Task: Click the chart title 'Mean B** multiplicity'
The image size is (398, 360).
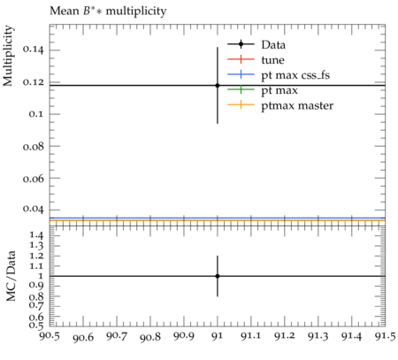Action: (x=108, y=11)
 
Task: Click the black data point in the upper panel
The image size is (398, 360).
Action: (x=218, y=86)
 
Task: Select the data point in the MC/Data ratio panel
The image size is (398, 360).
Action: (x=218, y=276)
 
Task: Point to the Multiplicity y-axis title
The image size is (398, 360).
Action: (x=8, y=56)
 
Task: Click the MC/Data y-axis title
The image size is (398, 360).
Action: (x=11, y=276)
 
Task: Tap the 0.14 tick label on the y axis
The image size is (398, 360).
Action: (x=33, y=50)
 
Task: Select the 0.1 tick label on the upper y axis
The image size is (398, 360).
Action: (x=36, y=114)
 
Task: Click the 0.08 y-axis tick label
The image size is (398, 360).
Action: (x=33, y=146)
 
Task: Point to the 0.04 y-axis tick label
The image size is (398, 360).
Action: (x=33, y=209)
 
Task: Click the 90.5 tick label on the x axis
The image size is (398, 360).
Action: (x=50, y=336)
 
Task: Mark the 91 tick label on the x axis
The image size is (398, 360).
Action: (x=218, y=336)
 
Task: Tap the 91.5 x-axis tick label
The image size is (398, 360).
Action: (x=385, y=336)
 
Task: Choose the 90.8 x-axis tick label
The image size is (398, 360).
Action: (x=150, y=337)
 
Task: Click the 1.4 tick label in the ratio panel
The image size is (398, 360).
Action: (x=36, y=236)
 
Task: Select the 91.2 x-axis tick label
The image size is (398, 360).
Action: (x=285, y=336)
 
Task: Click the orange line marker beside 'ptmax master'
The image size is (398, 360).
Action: (x=241, y=104)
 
